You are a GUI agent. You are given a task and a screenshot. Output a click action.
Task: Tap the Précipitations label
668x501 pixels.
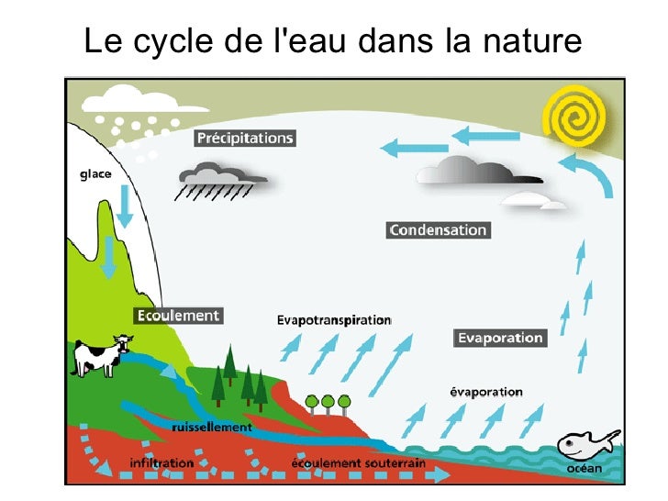pyautogui.click(x=245, y=139)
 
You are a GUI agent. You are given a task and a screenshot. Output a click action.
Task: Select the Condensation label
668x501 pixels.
pyautogui.click(x=438, y=230)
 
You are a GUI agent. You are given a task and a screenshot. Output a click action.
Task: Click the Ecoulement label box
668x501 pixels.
pyautogui.click(x=178, y=316)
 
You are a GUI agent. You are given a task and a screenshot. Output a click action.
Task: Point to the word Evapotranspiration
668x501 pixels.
pyautogui.click(x=334, y=320)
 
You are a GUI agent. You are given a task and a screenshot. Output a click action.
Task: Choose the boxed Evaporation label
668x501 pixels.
pyautogui.click(x=500, y=338)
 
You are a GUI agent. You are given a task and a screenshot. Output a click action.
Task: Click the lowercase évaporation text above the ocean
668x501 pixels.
pyautogui.click(x=485, y=392)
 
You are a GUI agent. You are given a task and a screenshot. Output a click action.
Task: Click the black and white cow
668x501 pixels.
pyautogui.click(x=100, y=354)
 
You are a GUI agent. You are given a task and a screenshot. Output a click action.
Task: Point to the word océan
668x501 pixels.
pyautogui.click(x=584, y=470)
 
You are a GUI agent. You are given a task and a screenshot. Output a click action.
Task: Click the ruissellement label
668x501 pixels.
pyautogui.click(x=211, y=427)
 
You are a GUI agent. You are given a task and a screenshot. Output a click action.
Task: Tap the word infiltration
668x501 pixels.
pyautogui.click(x=161, y=462)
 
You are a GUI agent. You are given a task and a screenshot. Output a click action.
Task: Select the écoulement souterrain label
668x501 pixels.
pyautogui.click(x=359, y=462)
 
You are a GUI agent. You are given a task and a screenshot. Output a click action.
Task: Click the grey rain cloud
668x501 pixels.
pyautogui.click(x=223, y=175)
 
